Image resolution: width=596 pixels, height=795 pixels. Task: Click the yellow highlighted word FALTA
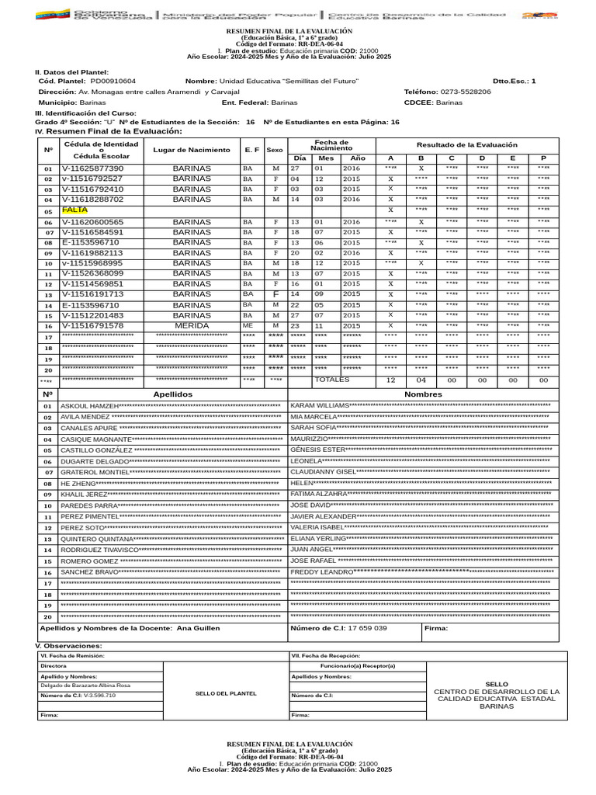click(74, 210)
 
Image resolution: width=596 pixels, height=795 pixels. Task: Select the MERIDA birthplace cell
click(192, 326)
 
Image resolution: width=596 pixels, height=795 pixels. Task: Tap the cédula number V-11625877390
click(92, 168)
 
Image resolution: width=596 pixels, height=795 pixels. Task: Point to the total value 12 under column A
click(390, 380)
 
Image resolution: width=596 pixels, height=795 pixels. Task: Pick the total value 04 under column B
click(421, 380)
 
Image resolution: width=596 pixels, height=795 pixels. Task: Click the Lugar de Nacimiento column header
click(192, 149)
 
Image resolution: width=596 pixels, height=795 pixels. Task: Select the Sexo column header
click(275, 149)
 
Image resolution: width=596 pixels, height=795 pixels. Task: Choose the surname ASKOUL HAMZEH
click(89, 406)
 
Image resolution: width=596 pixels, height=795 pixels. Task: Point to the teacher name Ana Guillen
click(198, 628)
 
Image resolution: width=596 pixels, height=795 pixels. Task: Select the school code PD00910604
click(113, 81)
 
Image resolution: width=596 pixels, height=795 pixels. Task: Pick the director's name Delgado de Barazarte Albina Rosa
click(85, 686)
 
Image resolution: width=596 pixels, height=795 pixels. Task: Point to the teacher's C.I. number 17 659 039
click(367, 628)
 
